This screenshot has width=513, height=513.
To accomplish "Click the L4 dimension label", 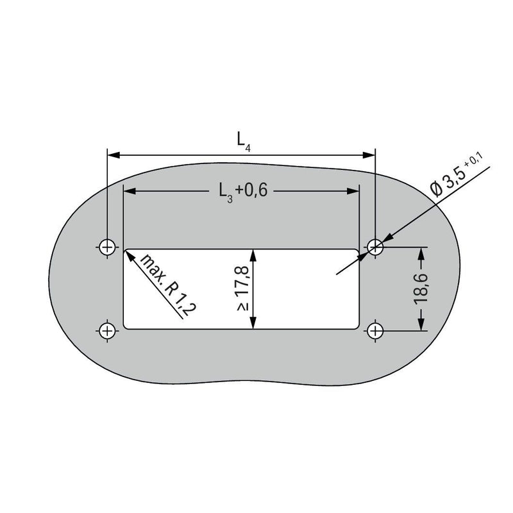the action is [x=244, y=141].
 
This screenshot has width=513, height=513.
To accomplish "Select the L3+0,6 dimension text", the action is [x=243, y=191].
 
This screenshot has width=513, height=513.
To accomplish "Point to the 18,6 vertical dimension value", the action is [x=421, y=289].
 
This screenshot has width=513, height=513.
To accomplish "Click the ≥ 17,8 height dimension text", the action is [x=244, y=288].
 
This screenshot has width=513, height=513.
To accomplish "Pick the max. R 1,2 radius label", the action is [x=169, y=285].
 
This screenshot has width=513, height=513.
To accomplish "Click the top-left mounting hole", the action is [x=107, y=247].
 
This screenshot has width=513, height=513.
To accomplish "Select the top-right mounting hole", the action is [x=375, y=247].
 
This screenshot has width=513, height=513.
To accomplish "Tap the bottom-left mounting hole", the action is [x=107, y=331].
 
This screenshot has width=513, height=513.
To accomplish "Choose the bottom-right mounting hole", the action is [x=375, y=331].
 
